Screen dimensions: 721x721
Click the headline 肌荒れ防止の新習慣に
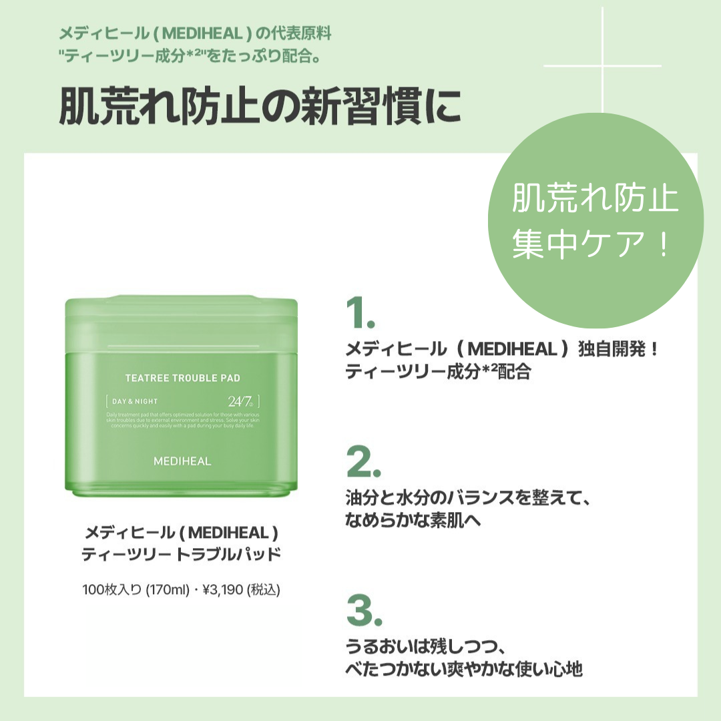tap(260, 105)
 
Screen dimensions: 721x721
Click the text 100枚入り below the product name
tap(111, 589)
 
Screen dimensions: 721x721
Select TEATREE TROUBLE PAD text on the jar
tap(182, 378)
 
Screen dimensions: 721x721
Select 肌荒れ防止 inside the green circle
tap(595, 200)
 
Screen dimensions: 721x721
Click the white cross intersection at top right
tap(603, 66)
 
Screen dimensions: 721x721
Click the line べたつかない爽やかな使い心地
tap(464, 669)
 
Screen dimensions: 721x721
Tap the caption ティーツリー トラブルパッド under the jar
tap(181, 554)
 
